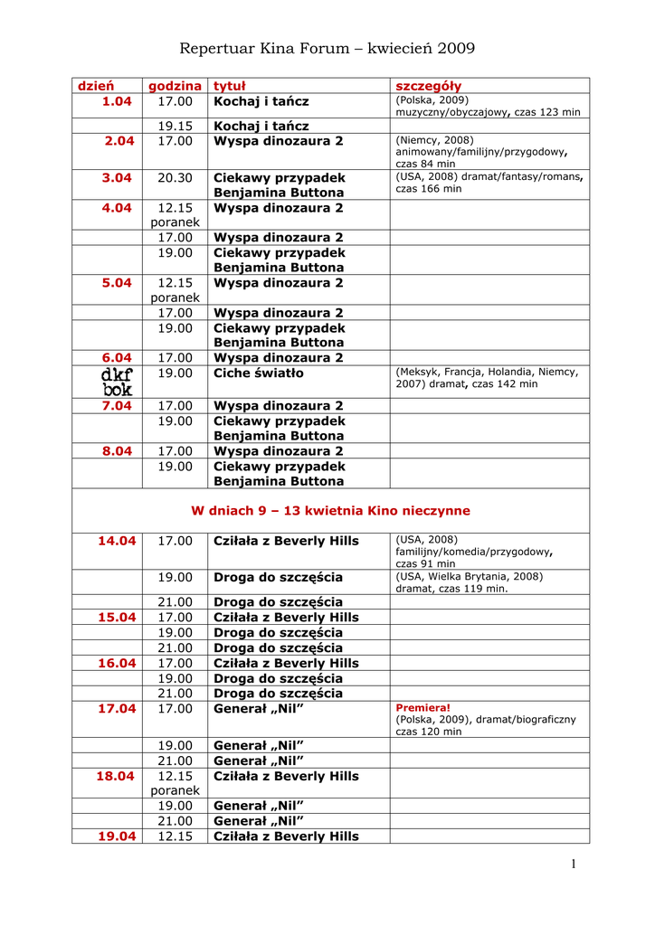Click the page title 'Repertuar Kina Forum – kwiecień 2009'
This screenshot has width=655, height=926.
[327, 48]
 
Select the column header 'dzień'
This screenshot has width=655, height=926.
[95, 86]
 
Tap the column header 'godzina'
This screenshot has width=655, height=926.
[175, 86]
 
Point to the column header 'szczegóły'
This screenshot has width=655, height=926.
[429, 86]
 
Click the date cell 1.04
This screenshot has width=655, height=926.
[117, 101]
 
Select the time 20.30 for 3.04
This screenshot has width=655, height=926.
[175, 178]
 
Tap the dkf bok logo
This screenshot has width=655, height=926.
[117, 382]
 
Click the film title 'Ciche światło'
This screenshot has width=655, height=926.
[259, 373]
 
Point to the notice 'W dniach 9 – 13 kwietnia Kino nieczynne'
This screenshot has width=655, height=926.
[330, 511]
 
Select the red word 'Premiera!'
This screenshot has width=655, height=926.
[422, 708]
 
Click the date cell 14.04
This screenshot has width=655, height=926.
[117, 541]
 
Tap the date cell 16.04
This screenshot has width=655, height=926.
[117, 663]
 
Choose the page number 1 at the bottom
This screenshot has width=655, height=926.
[574, 865]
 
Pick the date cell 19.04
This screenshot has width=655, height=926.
[117, 836]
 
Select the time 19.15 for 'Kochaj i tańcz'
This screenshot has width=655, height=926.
[175, 127]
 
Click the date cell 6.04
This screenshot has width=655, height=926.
[117, 358]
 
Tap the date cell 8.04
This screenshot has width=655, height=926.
[117, 451]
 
